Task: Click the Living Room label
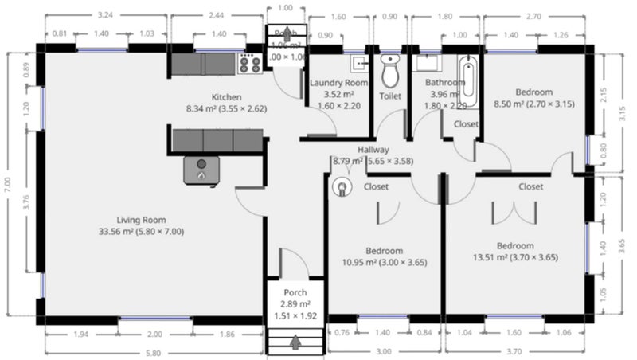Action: tap(140, 220)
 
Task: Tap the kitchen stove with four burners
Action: tap(250, 64)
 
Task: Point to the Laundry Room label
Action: tap(338, 83)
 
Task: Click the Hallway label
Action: tap(373, 149)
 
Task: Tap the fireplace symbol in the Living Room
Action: tap(201, 169)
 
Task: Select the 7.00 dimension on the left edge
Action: tap(7, 186)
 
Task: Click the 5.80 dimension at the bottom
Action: tap(154, 353)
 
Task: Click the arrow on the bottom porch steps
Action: tap(295, 342)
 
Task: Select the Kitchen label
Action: tap(225, 97)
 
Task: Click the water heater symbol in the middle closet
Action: tap(344, 188)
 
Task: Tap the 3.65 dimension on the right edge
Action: tap(628, 247)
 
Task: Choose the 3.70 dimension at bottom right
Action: tap(517, 353)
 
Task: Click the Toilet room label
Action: tap(389, 96)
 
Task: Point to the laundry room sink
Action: tap(359, 62)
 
